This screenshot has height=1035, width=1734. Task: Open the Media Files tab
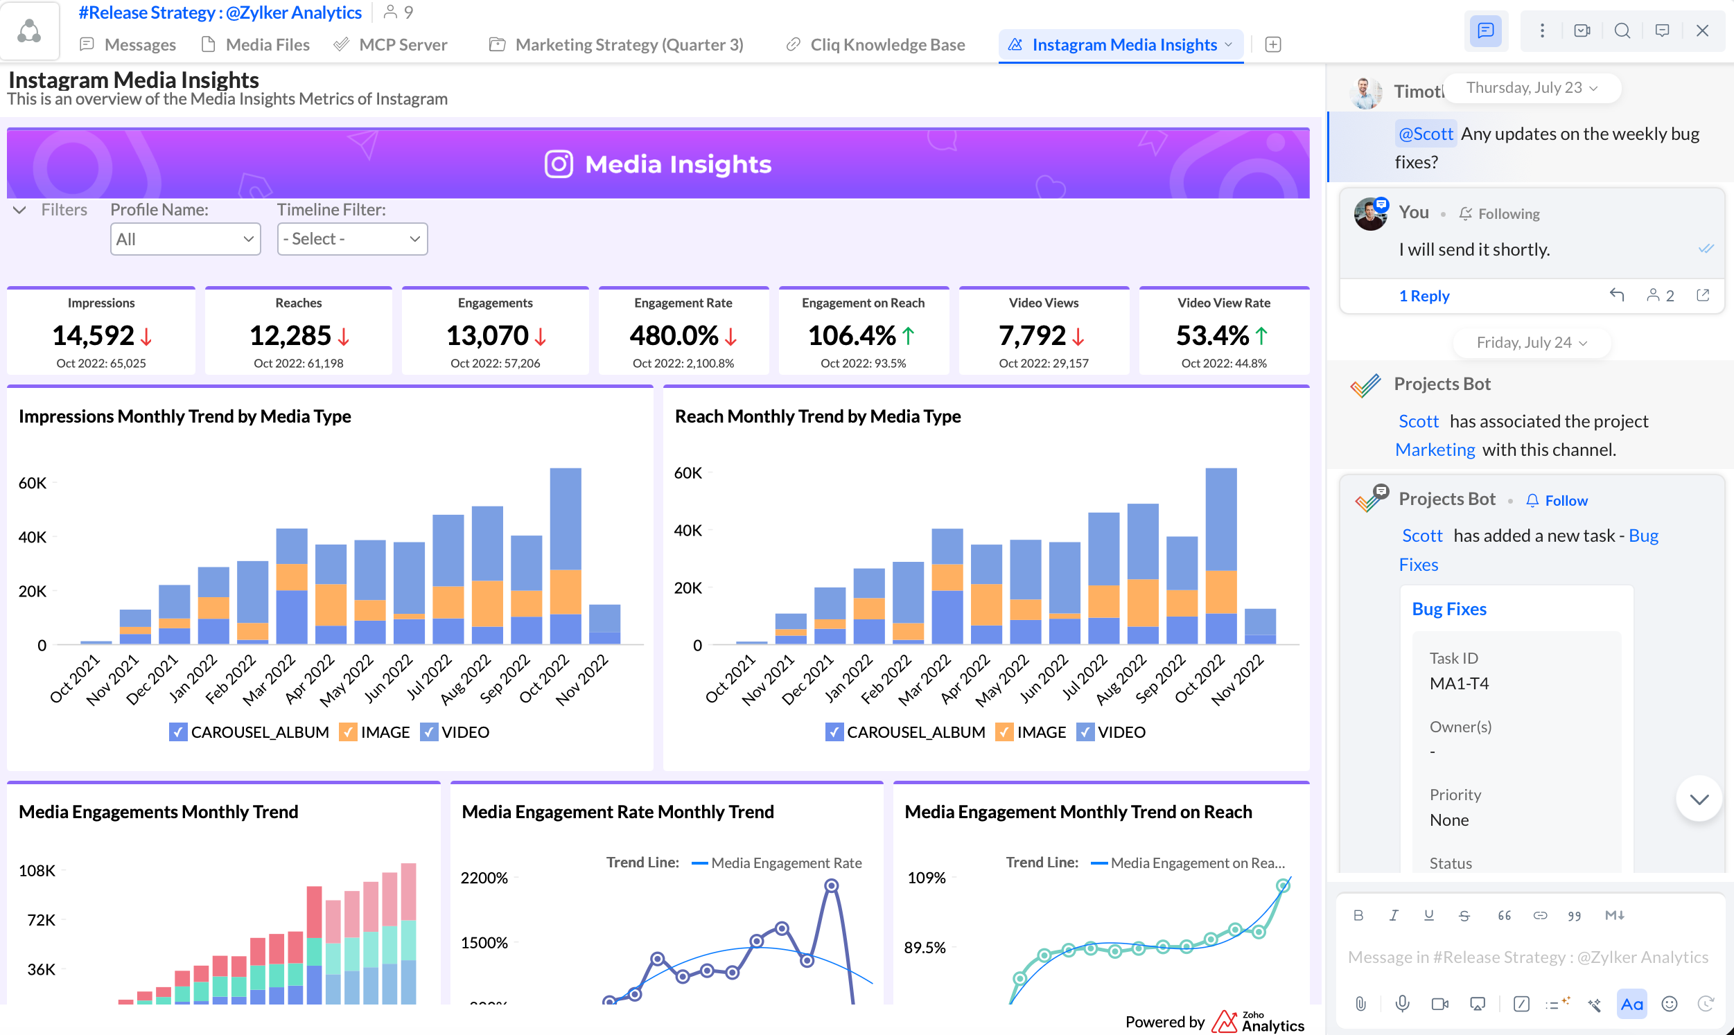255,44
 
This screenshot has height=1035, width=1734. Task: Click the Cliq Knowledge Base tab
875,44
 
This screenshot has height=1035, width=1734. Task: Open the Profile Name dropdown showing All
186,239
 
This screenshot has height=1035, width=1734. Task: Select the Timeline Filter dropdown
352,239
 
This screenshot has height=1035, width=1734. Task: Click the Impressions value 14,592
94,335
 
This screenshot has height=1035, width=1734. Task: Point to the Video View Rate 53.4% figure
1212,335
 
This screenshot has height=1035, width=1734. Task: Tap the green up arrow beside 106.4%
908,337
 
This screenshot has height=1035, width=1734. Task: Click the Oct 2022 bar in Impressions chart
566,556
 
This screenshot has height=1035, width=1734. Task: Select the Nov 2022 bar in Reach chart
1261,626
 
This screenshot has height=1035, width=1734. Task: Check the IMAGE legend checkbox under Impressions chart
347,732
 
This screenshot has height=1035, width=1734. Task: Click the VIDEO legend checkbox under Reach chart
1085,732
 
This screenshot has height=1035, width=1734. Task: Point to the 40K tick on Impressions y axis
33,537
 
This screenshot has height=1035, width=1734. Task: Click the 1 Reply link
1424,296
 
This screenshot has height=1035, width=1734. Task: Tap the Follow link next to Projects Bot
1566,501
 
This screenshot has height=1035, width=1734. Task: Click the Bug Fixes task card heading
1449,609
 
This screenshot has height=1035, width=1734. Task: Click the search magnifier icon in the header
1622,30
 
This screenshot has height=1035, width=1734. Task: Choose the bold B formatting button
1358,915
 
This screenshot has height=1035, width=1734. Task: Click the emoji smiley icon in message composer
1669,1004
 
